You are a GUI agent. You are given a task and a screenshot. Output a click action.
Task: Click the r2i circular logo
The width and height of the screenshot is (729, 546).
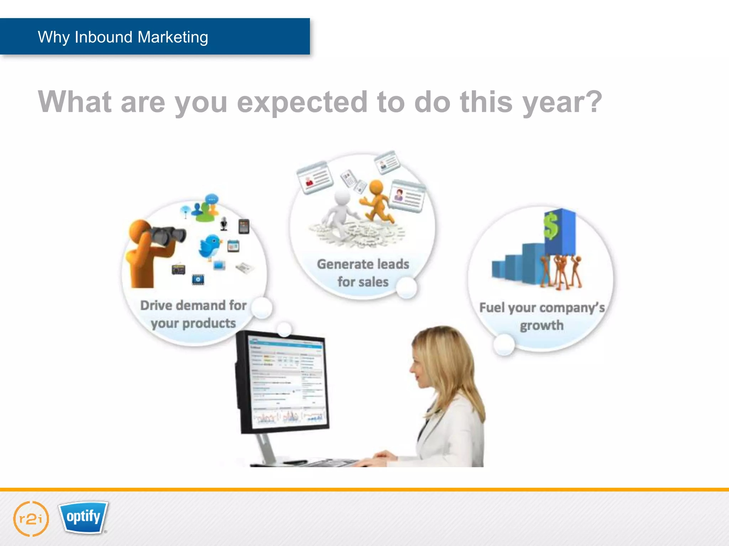(31, 519)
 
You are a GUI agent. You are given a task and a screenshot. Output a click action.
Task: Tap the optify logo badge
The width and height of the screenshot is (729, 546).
(83, 517)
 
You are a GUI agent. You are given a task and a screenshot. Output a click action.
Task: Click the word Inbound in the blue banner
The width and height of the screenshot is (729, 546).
(104, 37)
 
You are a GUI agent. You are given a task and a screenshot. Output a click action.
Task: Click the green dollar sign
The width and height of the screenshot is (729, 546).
(551, 226)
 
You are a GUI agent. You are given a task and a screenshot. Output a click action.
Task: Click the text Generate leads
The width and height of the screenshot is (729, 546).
(363, 264)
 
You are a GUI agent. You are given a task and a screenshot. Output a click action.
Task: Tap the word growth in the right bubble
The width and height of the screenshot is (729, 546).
(541, 325)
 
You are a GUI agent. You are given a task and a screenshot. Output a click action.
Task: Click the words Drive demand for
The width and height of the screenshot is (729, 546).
(193, 305)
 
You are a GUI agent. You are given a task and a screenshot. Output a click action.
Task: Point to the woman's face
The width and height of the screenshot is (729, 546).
(420, 370)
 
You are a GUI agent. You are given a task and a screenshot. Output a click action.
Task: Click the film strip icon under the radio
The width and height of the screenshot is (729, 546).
(198, 279)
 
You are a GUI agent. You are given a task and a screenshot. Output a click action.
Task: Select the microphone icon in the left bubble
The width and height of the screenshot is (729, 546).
(224, 224)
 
